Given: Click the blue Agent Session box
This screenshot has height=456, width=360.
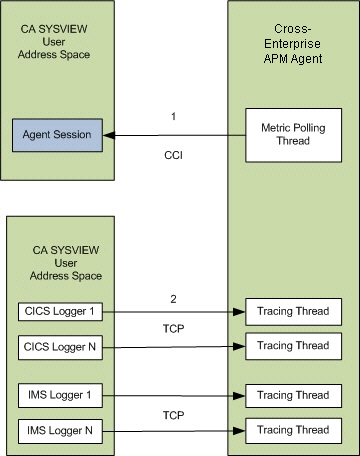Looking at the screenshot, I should click(x=57, y=134).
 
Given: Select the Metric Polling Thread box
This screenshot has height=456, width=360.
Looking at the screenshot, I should click(x=294, y=134).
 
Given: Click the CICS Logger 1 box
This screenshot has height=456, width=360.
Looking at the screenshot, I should click(x=57, y=311).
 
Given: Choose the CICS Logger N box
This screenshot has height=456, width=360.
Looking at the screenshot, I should click(x=57, y=346).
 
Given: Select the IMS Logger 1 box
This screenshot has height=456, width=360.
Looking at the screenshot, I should click(x=57, y=395).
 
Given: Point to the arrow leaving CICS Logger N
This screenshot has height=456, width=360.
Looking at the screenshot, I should click(x=170, y=346).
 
